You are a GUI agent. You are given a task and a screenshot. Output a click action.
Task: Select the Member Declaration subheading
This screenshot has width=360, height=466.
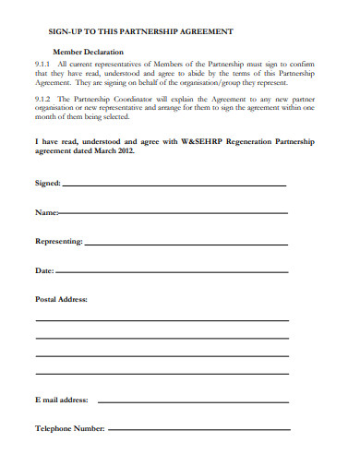pos(89,53)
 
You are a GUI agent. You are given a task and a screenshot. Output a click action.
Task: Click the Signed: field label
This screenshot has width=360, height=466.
pos(48,184)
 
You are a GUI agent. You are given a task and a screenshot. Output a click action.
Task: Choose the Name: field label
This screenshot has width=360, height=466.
pos(46,213)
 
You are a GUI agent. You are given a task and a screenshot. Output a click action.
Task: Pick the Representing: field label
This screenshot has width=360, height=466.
pos(59,242)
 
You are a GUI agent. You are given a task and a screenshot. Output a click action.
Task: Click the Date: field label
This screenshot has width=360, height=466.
pos(44,271)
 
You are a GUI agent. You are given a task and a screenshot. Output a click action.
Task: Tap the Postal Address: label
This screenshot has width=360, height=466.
pos(61,299)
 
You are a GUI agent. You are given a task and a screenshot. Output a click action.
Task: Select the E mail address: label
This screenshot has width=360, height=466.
pos(62,400)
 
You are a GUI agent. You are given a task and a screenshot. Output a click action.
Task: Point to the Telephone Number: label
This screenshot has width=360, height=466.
pos(70,429)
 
